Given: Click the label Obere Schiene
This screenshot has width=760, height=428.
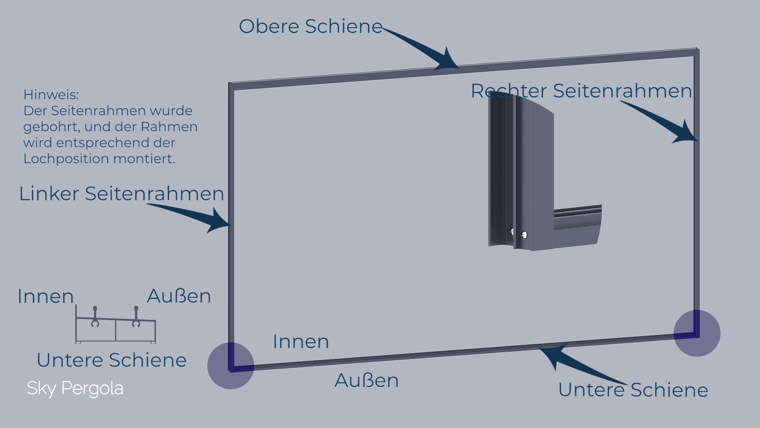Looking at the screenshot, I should pyautogui.click(x=310, y=27).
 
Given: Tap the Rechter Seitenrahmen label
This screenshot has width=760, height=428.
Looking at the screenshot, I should pyautogui.click(x=581, y=91).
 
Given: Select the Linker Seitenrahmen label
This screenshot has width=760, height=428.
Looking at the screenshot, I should pyautogui.click(x=122, y=194).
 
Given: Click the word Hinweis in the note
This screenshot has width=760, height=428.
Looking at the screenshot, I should pyautogui.click(x=51, y=95).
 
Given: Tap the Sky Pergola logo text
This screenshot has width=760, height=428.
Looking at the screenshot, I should pyautogui.click(x=75, y=388).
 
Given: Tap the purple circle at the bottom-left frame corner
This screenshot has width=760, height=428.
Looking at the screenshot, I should pyautogui.click(x=231, y=365).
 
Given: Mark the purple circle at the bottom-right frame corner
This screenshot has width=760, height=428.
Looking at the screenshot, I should pyautogui.click(x=697, y=333).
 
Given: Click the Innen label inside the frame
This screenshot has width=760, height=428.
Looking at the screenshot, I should pyautogui.click(x=301, y=342).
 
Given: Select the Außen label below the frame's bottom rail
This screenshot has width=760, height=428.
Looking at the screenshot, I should pyautogui.click(x=367, y=380).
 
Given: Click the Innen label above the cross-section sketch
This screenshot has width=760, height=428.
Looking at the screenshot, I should pyautogui.click(x=46, y=296).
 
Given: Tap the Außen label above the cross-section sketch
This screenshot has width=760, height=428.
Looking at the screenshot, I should pyautogui.click(x=179, y=296).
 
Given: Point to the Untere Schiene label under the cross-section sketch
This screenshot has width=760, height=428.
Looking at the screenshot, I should pyautogui.click(x=111, y=360).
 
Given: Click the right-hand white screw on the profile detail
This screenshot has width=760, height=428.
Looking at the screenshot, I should pyautogui.click(x=524, y=235).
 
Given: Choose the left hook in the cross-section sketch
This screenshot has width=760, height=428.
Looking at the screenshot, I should pyautogui.click(x=95, y=317).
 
